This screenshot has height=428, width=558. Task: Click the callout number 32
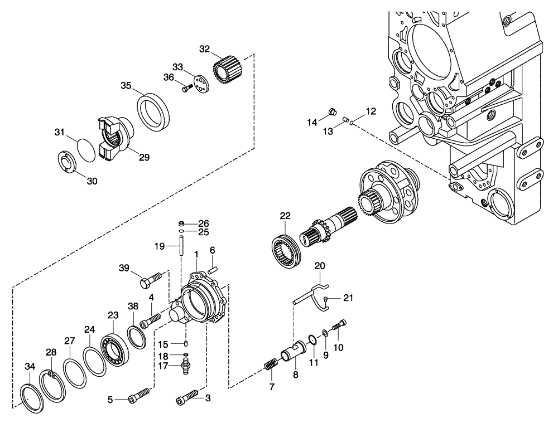pos(204,49)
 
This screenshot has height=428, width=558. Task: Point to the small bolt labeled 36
pos(186,87)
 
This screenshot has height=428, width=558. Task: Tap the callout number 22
pos(285,216)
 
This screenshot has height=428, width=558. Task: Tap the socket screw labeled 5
pos(138,396)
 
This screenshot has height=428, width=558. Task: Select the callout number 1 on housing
pos(196,254)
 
